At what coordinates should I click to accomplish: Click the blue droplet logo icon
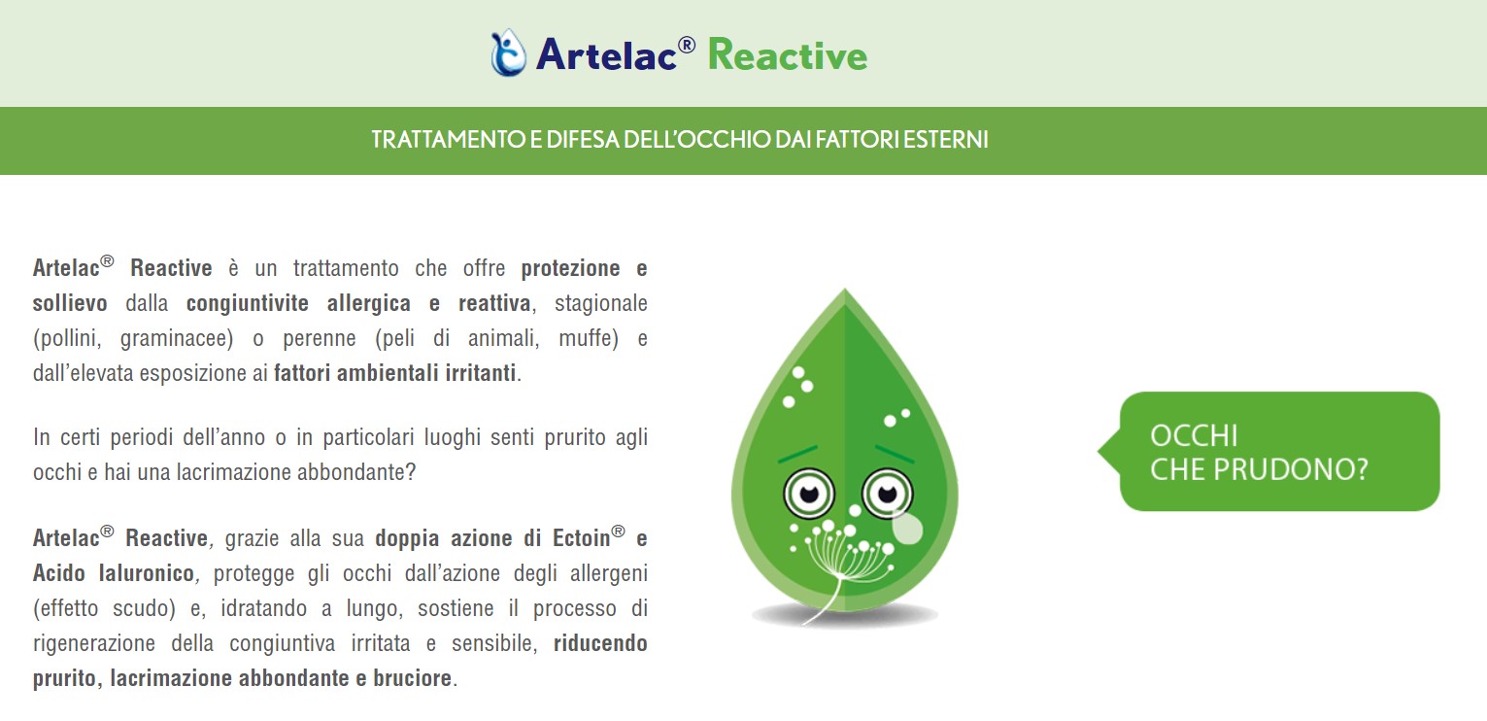508,52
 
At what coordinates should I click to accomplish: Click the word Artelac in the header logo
607,53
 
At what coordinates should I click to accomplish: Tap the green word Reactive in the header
788,54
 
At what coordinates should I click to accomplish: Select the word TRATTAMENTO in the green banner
449,140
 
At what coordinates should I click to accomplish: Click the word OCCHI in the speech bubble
1194,436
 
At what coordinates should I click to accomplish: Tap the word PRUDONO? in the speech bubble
1292,470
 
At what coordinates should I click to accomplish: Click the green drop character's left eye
808,494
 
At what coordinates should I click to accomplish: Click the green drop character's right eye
887,494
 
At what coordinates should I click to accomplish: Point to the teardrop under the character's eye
907,528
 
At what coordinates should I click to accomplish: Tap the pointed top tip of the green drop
844,290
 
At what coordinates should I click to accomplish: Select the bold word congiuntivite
247,303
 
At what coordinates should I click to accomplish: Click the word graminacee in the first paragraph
177,338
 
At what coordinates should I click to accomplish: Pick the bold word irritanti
480,373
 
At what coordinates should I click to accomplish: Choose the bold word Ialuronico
146,573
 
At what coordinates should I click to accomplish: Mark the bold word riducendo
600,643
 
